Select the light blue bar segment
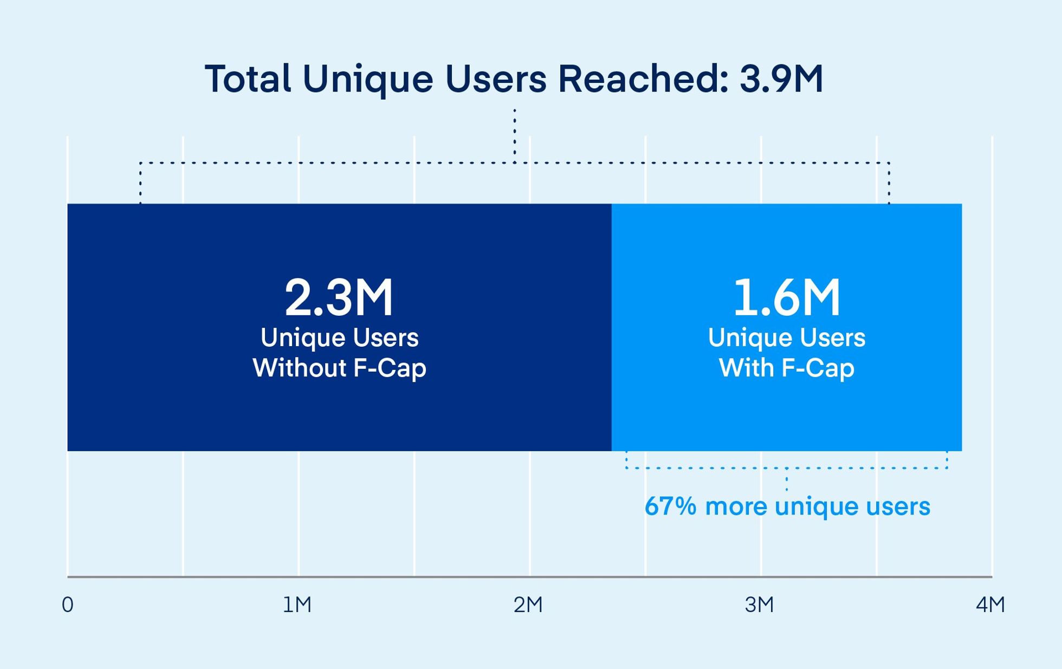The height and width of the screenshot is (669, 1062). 786,417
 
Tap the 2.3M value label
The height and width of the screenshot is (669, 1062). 339,297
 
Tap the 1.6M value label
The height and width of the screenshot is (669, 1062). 787,297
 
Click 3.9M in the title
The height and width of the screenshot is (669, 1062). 781,79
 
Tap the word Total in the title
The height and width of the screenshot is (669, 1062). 248,79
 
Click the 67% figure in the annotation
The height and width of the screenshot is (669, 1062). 670,506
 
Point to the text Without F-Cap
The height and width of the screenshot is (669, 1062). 339,368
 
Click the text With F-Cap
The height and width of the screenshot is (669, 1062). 787,368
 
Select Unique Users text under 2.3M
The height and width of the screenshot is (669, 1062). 339,338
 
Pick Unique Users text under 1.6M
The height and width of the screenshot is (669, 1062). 787,338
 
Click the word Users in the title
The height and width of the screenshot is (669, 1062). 496,79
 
